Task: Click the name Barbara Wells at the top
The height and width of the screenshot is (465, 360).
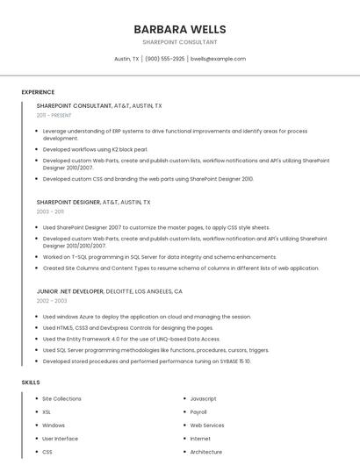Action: tap(180, 29)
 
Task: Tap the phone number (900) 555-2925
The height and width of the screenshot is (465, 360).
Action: tap(164, 59)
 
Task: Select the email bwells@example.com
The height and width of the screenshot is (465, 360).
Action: tap(218, 59)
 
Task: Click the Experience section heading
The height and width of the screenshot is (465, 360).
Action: tap(38, 92)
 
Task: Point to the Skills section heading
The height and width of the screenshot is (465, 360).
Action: tap(31, 383)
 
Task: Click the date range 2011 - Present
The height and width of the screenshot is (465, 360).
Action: tap(54, 115)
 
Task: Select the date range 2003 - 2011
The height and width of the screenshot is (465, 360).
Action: tap(50, 211)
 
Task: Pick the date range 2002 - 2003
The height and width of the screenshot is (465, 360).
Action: tap(52, 301)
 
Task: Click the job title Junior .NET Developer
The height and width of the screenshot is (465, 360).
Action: tap(69, 290)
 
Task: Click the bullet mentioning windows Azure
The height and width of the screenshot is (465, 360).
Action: tap(147, 317)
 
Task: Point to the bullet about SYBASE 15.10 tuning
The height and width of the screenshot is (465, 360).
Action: tap(147, 361)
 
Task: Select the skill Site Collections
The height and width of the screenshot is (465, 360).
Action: tap(61, 398)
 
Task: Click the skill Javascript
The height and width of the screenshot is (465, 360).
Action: tap(203, 398)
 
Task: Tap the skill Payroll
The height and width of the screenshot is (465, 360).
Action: tap(198, 411)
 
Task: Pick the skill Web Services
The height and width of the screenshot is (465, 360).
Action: tap(207, 425)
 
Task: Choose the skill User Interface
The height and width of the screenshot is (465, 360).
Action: tap(60, 438)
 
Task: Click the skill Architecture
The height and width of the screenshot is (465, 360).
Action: tap(206, 452)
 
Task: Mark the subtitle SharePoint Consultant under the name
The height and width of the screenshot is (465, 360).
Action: tap(180, 42)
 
